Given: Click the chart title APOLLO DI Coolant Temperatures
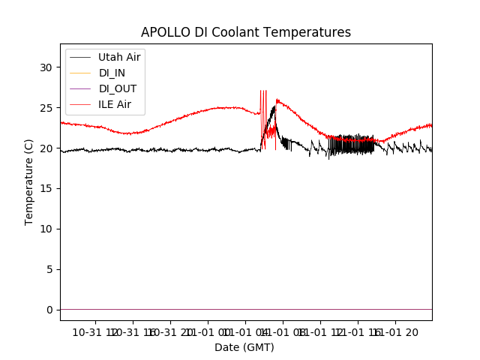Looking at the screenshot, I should pos(246,32).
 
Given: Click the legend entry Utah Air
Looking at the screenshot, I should pos(118,57).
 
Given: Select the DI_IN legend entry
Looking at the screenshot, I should pos(112,73).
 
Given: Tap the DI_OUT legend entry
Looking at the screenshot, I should pos(117,88).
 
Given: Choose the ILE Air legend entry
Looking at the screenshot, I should pos(114,104).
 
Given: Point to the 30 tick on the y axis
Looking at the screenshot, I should pos(46,67).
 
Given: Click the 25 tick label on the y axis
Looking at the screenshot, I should pos(46,108).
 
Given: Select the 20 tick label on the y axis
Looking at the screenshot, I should pos(46,148).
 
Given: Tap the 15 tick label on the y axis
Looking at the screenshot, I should pos(46,188).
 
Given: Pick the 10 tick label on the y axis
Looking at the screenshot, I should pos(46,229).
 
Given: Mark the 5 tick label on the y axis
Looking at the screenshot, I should pos(49,269).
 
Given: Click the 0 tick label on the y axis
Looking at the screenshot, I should pos(49,310).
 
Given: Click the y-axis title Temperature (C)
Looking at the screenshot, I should pos(29,181).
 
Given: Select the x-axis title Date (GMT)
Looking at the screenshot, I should pos(244,347).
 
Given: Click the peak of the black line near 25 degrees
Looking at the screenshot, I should pos(274,107).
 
